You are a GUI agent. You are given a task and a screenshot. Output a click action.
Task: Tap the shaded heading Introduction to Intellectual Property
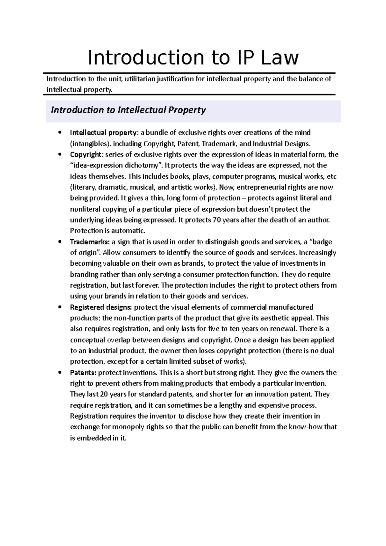point(128,110)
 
